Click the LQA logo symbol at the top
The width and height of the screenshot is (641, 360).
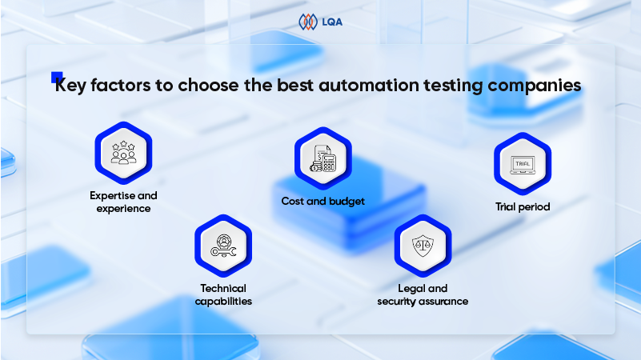[308, 22]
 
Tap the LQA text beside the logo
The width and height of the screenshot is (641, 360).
[332, 22]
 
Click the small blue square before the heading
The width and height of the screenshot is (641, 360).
[56, 77]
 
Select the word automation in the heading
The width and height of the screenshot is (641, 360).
[369, 85]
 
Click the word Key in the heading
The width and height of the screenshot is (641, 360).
[70, 86]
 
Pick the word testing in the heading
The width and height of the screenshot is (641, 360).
[453, 86]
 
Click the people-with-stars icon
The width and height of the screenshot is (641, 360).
[123, 153]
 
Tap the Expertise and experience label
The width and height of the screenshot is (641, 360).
[123, 202]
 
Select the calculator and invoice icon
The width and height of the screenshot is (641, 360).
[323, 158]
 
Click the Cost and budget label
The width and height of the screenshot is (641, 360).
[323, 202]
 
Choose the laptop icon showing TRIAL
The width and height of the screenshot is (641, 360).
[523, 164]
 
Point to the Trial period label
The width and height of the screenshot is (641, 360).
[523, 206]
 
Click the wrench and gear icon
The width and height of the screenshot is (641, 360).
[223, 246]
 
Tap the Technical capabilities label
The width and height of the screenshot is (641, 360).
[223, 294]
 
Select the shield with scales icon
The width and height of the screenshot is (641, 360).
[423, 246]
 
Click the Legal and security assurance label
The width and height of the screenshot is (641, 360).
[423, 294]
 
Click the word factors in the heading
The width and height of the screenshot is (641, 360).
[121, 85]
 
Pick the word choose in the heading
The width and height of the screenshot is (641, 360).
[209, 85]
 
